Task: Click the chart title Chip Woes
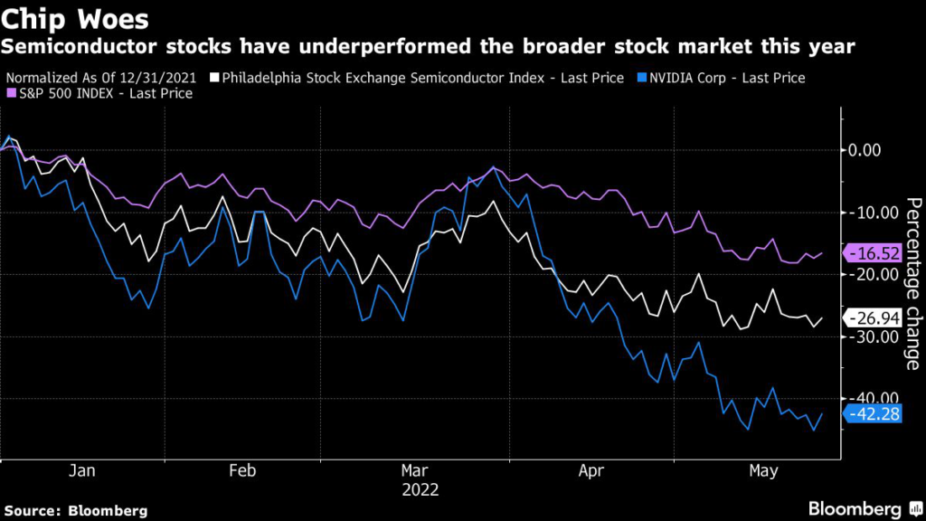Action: click(68, 18)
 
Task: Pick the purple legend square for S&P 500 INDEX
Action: click(12, 93)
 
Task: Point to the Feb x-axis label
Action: click(242, 470)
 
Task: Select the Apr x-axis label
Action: click(591, 470)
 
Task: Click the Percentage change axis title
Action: click(913, 283)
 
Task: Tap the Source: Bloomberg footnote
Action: click(74, 510)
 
